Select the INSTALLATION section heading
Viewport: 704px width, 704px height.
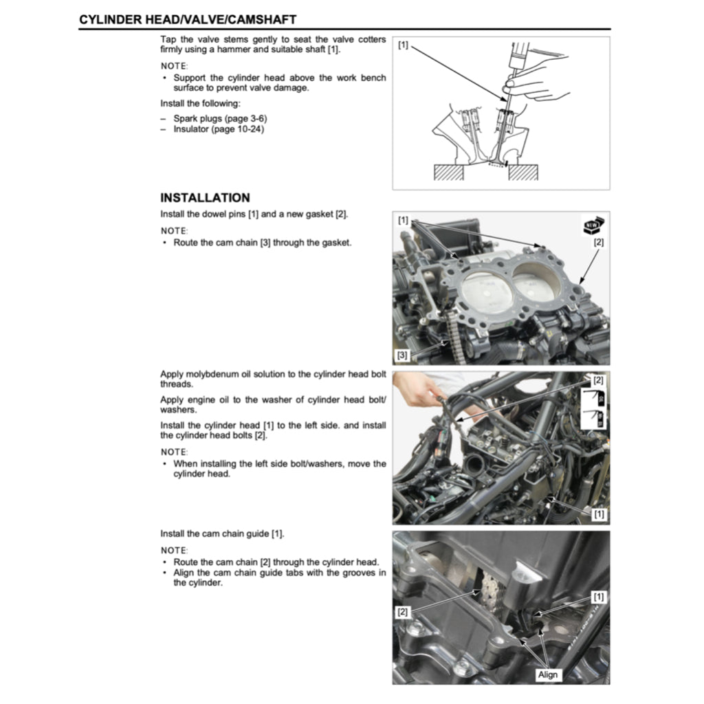(205, 198)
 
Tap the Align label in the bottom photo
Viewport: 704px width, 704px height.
(548, 674)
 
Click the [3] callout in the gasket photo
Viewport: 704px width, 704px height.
(403, 355)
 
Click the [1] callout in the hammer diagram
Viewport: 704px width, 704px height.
(403, 45)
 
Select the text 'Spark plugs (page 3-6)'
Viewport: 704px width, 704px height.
(220, 118)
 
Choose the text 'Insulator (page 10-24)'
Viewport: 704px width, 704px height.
(219, 129)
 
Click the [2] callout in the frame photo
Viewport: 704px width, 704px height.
(598, 380)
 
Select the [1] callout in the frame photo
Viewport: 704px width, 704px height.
(599, 514)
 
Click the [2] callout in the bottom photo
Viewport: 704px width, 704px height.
(403, 610)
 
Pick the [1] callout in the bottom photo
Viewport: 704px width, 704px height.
(599, 597)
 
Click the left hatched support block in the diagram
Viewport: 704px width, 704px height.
(449, 172)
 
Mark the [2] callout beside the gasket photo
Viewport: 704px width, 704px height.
(598, 243)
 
